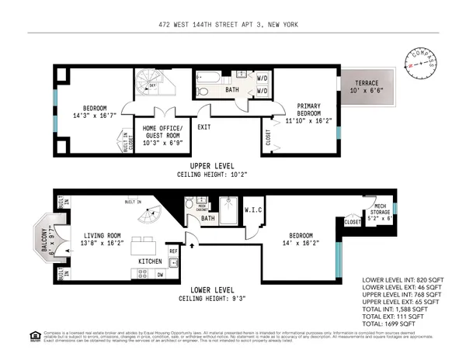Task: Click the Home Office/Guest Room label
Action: [x=162, y=133]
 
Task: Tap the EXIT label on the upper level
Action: [x=204, y=126]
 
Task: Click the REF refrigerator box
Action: [x=173, y=252]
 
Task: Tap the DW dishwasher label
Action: [x=159, y=275]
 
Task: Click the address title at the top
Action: [x=232, y=25]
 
